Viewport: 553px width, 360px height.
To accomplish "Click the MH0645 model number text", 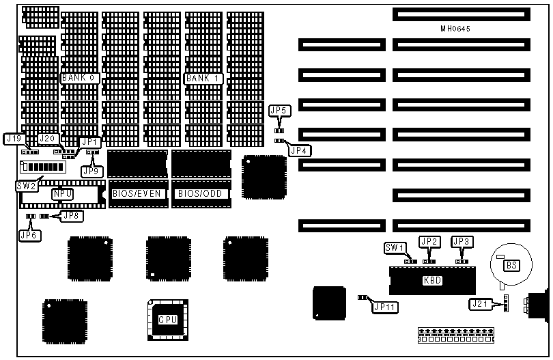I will (460, 29).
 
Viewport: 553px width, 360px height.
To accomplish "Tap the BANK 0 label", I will (80, 79).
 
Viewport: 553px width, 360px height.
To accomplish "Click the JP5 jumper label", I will (279, 110).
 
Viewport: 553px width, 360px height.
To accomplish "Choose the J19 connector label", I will (14, 139).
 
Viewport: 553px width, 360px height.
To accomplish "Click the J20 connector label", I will (47, 139).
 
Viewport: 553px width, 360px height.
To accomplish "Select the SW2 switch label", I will (26, 185).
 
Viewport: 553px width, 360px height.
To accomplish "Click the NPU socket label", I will (63, 194).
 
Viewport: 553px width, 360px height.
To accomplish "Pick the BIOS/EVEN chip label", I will (137, 194).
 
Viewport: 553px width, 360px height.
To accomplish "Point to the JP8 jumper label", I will (71, 216).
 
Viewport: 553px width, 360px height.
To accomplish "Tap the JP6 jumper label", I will (29, 235).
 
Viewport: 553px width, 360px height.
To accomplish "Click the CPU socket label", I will (168, 320).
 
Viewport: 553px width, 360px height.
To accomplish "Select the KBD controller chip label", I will (432, 280).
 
